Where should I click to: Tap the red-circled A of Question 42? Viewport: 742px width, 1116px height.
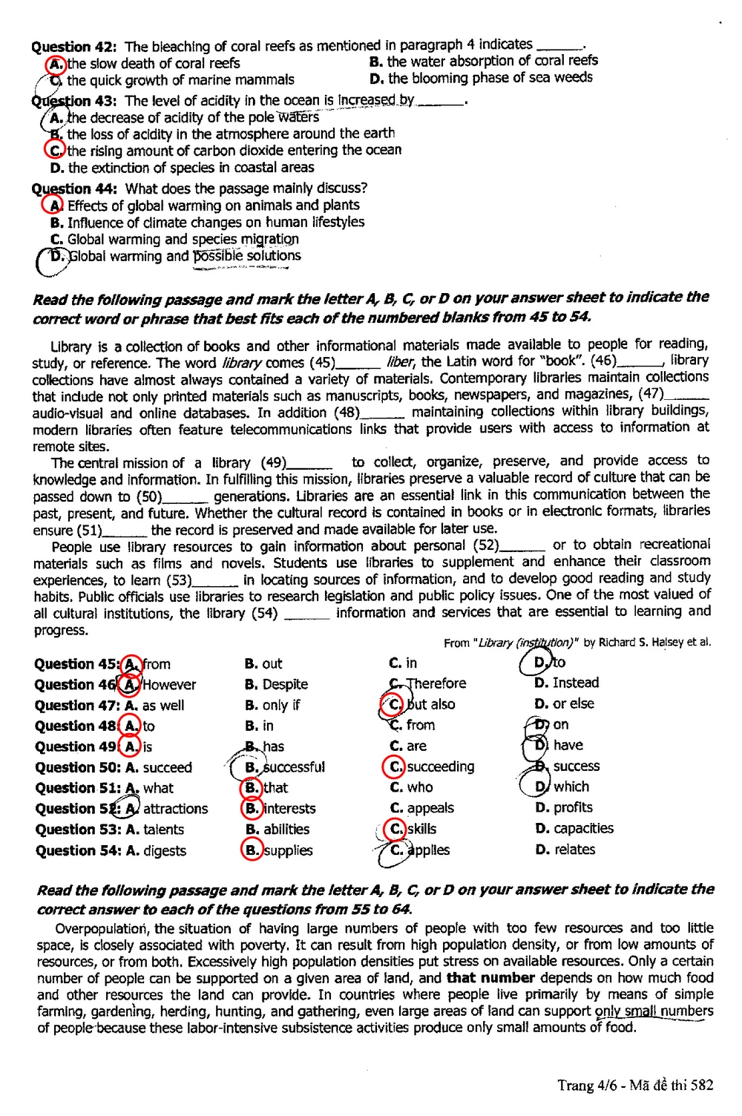point(56,64)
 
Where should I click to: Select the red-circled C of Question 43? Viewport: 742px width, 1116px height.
point(54,150)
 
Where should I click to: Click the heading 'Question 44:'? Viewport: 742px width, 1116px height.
point(74,189)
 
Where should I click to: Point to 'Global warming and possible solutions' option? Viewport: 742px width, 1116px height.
point(185,256)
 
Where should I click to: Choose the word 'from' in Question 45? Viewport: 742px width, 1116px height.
point(157,664)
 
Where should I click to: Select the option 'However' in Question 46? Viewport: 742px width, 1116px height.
point(169,685)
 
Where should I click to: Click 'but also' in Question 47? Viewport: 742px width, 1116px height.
point(431,704)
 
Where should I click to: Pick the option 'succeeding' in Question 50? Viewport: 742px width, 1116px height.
point(441,767)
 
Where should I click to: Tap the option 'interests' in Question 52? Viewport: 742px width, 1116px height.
point(290,809)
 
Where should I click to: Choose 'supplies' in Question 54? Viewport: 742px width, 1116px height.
point(289,850)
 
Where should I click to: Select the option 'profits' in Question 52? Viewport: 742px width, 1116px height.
point(573,807)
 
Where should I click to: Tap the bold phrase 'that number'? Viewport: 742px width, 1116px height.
point(490,978)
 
